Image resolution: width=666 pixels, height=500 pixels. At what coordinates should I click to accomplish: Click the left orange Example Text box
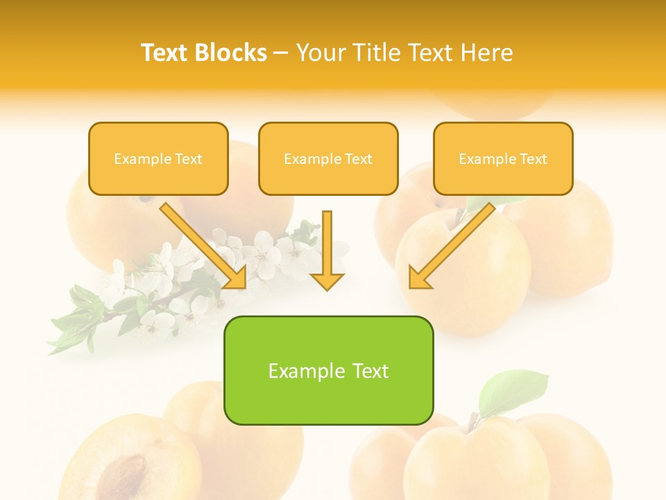pos(158,158)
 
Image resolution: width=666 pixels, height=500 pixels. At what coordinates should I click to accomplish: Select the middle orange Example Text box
pos(328,158)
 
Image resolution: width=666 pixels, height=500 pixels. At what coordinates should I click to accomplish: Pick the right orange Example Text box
pos(503,158)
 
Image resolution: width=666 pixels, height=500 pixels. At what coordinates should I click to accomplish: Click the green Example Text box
pos(328,370)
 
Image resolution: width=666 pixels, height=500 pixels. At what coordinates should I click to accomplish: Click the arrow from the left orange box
pos(204,247)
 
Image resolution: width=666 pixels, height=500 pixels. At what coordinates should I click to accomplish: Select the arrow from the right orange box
pos(451,247)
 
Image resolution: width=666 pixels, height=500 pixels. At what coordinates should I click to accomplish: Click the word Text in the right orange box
pos(533,159)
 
